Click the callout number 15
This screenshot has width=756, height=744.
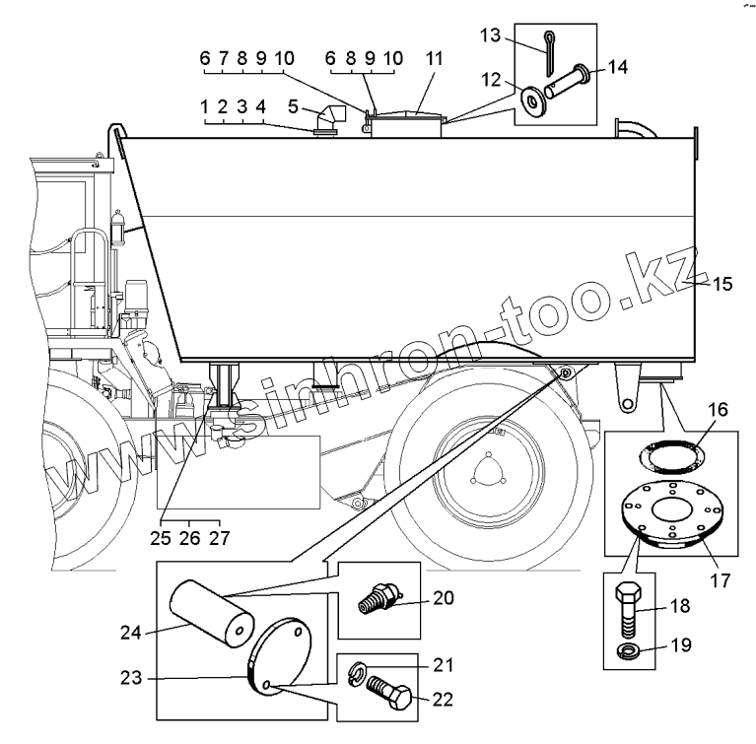pos(722,285)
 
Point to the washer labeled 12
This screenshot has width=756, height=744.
pos(535,100)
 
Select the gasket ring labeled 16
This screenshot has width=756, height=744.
pos(678,452)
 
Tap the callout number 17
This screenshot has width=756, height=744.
pos(721,581)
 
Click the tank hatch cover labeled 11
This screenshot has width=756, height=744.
pos(406,122)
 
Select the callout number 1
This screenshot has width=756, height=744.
pos(204,105)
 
